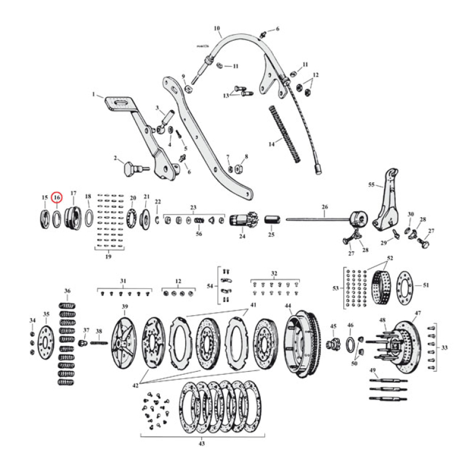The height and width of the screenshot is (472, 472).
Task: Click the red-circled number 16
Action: click(x=57, y=197)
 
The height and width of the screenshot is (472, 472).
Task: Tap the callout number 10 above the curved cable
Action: click(x=217, y=28)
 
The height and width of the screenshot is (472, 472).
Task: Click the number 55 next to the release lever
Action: click(x=371, y=185)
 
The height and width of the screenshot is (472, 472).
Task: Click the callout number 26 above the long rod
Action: click(x=324, y=207)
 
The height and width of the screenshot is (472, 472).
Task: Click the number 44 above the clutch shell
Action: click(x=288, y=306)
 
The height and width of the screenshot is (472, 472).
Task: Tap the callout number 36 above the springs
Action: click(x=67, y=291)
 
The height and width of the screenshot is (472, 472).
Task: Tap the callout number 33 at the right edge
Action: click(x=444, y=348)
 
